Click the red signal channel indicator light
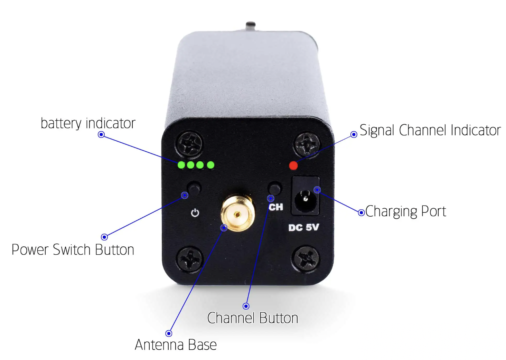coord(293,165)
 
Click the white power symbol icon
coord(195,213)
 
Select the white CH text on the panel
coord(276,207)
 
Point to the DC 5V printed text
coord(303,227)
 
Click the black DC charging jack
coord(306,196)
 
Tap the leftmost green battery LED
coord(181,165)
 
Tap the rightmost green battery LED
coord(210,165)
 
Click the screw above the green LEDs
coord(190,143)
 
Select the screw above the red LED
coord(307,144)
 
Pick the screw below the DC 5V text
coord(306,259)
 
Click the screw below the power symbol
coord(190,260)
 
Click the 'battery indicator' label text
coord(88,123)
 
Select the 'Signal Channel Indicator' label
coord(430,130)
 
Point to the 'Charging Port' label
coord(406,211)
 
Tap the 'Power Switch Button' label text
coord(73,249)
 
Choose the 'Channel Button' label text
coord(253,318)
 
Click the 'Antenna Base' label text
coord(176,345)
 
